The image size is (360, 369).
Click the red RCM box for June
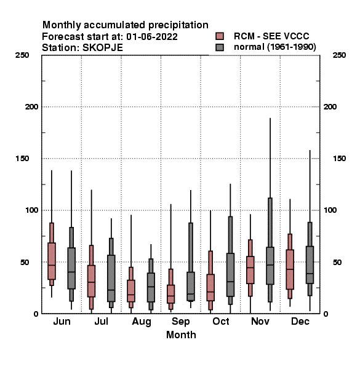(x=52, y=261)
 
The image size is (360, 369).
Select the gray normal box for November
(x=270, y=266)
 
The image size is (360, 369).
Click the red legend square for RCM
(x=220, y=36)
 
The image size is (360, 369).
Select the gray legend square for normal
(x=220, y=47)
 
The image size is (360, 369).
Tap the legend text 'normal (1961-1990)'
(x=274, y=47)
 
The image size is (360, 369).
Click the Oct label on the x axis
(x=220, y=322)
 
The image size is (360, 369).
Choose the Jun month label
(x=62, y=322)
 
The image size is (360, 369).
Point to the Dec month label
(x=300, y=322)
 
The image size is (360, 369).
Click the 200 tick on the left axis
(x=31, y=107)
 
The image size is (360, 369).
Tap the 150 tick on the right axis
(x=339, y=159)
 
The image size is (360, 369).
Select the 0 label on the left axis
(x=36, y=314)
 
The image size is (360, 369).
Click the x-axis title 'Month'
(x=181, y=335)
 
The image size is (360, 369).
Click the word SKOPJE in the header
(x=103, y=48)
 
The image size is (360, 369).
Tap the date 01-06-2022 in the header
(x=152, y=37)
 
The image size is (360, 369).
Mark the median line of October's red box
(x=210, y=292)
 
